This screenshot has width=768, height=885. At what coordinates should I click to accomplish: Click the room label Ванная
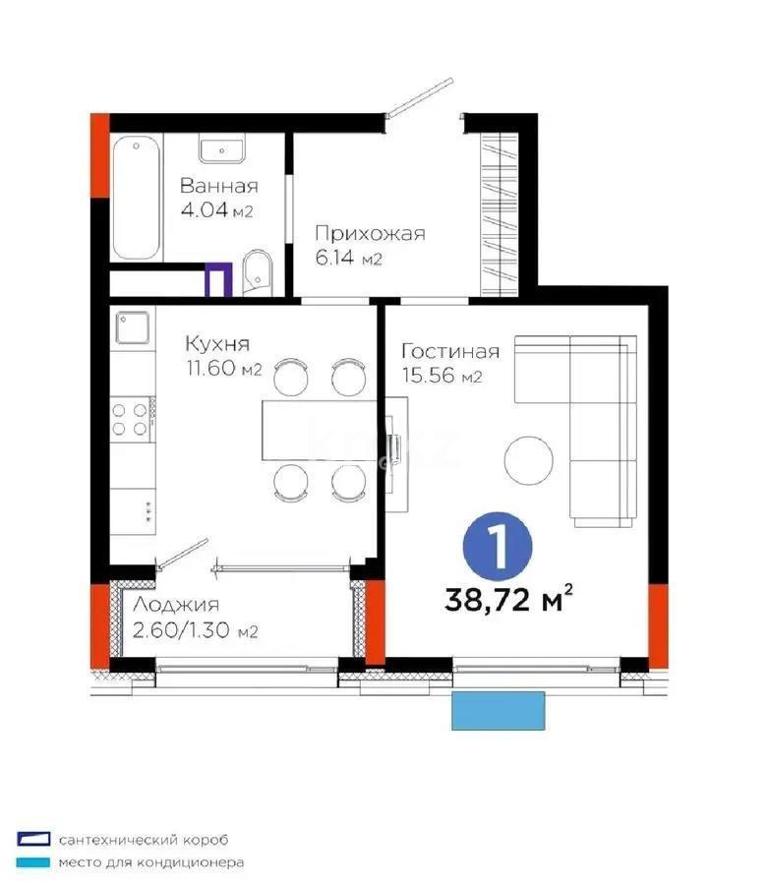219,186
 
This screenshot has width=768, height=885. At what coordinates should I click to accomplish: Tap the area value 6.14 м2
349,258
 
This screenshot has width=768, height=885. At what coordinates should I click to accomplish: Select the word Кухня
217,343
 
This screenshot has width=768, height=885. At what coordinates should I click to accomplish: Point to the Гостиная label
450,351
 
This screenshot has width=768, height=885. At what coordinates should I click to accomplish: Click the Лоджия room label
176,605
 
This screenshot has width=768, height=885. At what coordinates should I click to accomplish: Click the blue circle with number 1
498,547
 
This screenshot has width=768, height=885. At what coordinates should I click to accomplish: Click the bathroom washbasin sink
222,149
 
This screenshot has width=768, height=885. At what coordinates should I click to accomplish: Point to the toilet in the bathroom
258,272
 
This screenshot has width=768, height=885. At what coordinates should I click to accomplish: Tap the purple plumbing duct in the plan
218,280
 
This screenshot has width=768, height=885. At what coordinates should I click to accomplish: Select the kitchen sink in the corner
133,327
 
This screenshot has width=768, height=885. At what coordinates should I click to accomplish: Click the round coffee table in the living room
529,459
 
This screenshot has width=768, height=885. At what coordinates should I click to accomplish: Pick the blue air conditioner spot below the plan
499,711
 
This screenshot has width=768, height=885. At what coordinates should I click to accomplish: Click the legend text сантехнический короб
144,840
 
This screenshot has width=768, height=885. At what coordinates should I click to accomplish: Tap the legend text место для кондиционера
151,862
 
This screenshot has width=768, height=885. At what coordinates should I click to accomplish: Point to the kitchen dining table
319,430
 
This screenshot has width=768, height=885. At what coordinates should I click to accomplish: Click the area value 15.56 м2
442,376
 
